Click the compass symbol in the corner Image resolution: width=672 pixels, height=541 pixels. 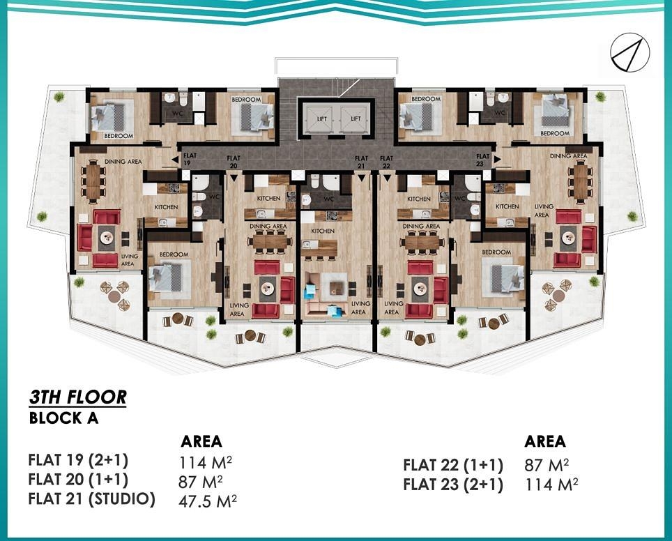(x=630, y=54)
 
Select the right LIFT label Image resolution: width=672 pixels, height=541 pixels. (x=356, y=119)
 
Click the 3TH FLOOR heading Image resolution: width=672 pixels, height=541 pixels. (x=78, y=397)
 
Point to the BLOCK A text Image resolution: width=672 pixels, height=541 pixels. (x=63, y=419)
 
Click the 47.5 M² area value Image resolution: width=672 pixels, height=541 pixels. (x=208, y=500)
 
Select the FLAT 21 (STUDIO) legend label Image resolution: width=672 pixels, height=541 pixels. (x=91, y=499)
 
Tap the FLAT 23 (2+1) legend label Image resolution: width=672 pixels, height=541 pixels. (x=453, y=485)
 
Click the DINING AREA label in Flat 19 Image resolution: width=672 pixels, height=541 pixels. (x=123, y=162)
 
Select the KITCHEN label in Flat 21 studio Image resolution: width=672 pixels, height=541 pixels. (x=323, y=231)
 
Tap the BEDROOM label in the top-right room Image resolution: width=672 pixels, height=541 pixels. (x=555, y=132)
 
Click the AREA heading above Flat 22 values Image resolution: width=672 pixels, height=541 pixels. (x=545, y=441)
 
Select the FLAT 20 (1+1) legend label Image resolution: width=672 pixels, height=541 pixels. (x=78, y=480)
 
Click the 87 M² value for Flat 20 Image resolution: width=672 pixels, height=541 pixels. (x=201, y=480)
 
